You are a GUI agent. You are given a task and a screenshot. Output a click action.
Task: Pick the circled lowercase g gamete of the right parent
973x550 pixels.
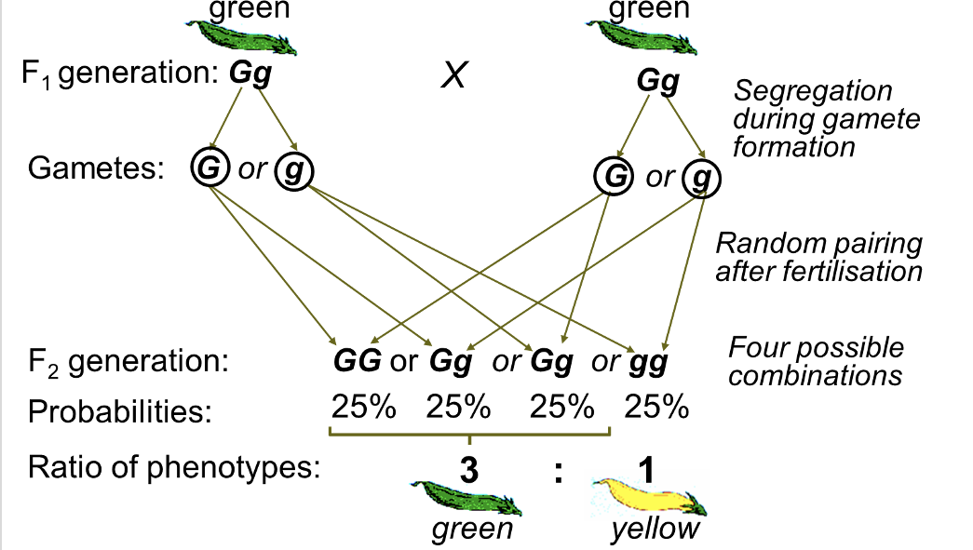[699, 177]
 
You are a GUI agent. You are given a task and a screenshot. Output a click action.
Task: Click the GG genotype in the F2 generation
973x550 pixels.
[358, 361]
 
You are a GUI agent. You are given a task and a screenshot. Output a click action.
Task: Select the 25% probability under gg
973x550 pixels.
[656, 408]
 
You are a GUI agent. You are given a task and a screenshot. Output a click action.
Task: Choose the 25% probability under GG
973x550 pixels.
[364, 408]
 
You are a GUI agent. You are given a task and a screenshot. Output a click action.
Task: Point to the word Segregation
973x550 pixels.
[813, 91]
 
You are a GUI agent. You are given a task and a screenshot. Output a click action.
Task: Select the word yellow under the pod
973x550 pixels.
[655, 530]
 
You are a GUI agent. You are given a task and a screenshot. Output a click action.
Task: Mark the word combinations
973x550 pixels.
[816, 375]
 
